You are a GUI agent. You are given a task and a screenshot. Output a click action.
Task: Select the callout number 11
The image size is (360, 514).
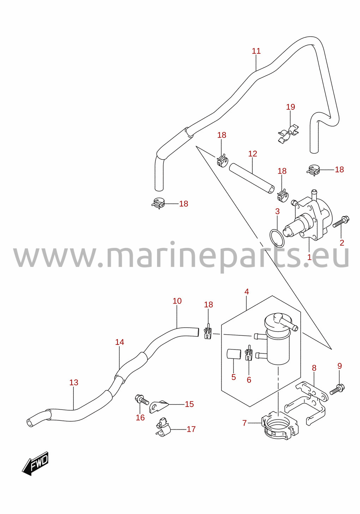pyautogui.click(x=256, y=51)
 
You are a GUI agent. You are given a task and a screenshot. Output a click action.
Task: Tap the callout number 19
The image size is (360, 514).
pyautogui.click(x=290, y=107)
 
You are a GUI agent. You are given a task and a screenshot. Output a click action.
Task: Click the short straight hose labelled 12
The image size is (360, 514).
pyautogui.click(x=252, y=182)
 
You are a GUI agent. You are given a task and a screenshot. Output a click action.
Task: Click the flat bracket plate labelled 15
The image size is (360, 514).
pyautogui.click(x=159, y=406)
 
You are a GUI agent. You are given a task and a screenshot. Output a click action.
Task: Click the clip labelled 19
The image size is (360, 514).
pyautogui.click(x=288, y=133)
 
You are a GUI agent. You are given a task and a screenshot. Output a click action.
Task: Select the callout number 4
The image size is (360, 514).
pyautogui.click(x=246, y=292)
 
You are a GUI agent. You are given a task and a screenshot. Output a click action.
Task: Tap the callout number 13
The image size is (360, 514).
pyautogui.click(x=74, y=383)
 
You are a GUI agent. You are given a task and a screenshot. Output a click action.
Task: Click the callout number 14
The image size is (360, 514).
pyautogui.click(x=120, y=348)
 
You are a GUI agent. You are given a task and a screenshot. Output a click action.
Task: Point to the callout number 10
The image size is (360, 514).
pyautogui.click(x=177, y=301)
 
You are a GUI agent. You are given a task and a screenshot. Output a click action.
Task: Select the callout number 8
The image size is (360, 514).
pyautogui.click(x=314, y=368)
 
